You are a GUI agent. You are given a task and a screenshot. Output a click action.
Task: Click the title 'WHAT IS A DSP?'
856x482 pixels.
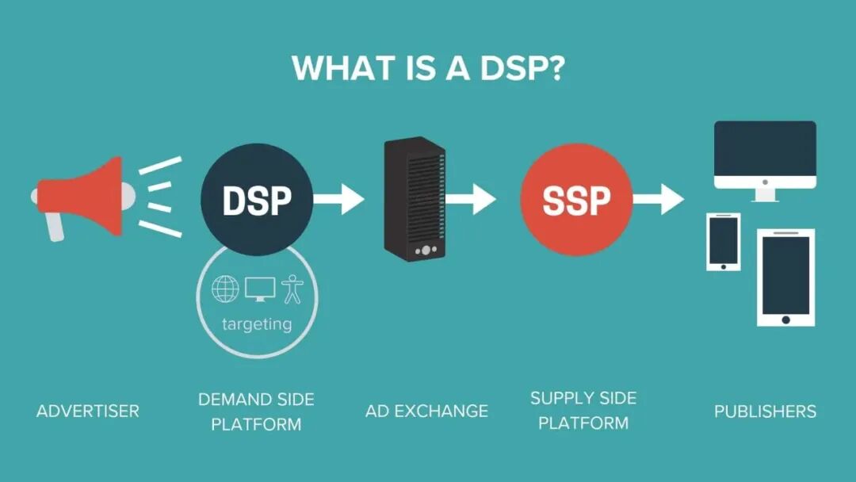[428, 68]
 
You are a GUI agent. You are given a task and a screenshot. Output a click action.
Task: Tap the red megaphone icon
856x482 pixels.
[83, 198]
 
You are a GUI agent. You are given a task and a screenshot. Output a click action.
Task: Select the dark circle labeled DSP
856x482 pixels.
[256, 200]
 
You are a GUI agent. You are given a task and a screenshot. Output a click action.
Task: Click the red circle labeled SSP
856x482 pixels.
[576, 199]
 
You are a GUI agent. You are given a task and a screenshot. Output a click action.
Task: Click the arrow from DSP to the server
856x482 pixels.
[339, 198]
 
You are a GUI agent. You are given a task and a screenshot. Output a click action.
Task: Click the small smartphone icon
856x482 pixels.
[723, 242]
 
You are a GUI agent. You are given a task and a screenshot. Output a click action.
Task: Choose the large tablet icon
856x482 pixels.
[785, 277]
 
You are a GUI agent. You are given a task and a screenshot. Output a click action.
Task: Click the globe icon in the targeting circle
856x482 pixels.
[225, 289]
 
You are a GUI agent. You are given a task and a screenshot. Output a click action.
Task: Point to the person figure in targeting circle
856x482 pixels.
[292, 289]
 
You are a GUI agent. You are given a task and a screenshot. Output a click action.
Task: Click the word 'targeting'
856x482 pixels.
[257, 323]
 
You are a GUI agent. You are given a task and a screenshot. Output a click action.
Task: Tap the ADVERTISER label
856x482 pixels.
[88, 411]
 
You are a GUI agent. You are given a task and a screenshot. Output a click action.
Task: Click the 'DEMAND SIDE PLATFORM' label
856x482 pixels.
[256, 411]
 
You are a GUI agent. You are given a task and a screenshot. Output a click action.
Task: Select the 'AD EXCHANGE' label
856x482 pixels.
[426, 411]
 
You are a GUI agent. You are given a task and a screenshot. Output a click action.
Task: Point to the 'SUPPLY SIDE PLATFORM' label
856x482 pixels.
[583, 410]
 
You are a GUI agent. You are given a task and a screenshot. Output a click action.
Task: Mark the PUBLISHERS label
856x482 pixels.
[765, 411]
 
